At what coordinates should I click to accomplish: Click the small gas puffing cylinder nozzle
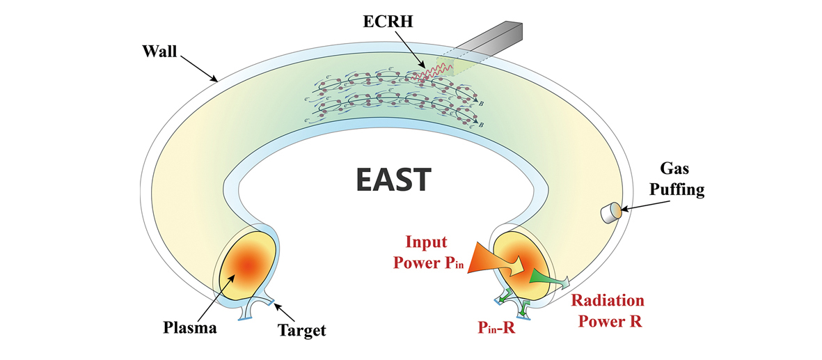612,213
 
